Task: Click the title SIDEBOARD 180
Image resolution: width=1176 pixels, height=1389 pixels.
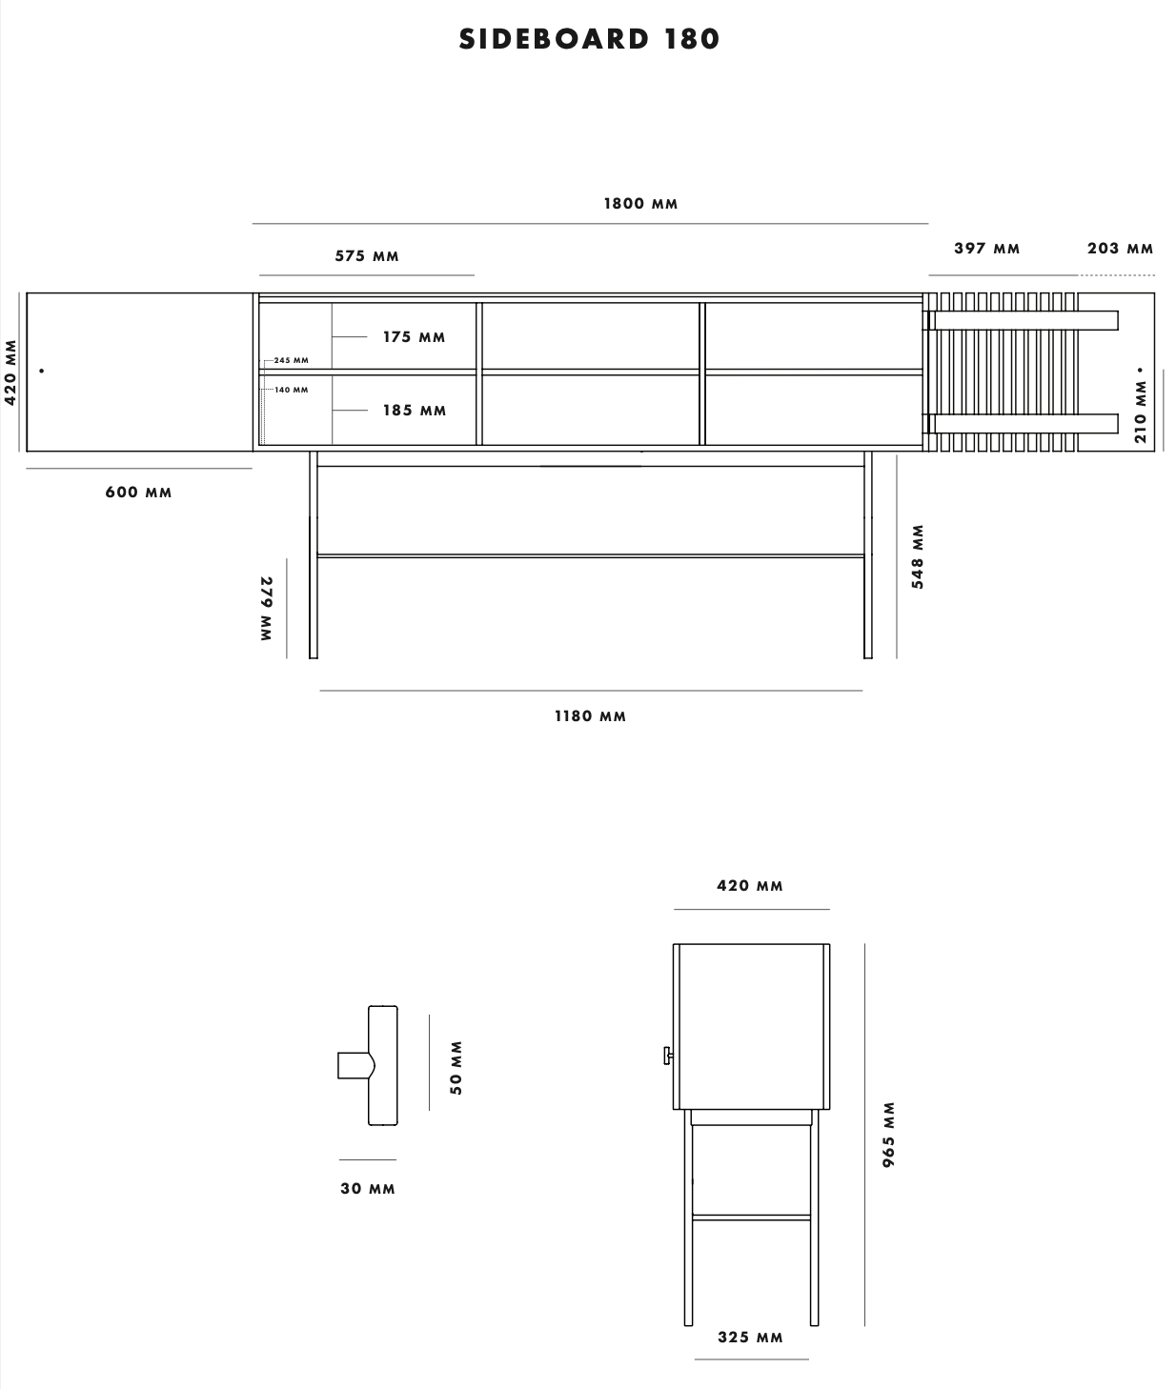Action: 589,39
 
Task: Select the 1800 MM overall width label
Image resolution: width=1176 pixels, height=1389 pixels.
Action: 640,204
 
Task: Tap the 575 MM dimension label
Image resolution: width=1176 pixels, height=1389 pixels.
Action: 367,256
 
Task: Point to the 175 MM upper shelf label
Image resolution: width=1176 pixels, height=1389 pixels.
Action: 414,337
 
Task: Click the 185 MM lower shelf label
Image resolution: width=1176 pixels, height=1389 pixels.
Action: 415,411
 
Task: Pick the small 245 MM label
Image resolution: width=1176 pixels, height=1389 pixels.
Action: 291,360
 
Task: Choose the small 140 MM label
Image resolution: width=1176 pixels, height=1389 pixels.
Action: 291,390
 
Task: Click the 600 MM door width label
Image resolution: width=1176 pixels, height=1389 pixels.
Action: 138,493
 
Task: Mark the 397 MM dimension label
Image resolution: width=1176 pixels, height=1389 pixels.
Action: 986,249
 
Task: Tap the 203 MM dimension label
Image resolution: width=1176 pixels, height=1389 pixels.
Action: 1120,249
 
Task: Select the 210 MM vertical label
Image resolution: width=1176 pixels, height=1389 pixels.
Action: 1141,412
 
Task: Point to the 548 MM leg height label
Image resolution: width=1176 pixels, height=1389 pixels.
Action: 918,556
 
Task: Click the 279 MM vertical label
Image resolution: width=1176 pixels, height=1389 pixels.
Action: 267,608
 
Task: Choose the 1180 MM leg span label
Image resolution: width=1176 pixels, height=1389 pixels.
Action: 590,716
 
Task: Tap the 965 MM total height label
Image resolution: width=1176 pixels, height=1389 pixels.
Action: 888,1135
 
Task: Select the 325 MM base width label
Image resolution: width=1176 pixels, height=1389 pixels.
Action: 750,1338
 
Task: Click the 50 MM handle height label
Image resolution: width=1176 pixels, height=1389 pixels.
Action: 456,1067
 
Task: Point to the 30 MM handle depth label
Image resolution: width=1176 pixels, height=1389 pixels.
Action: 368,1189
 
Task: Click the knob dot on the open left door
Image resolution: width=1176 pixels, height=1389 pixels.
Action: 42,371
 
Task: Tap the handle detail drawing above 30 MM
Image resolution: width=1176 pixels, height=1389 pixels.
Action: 370,1065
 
